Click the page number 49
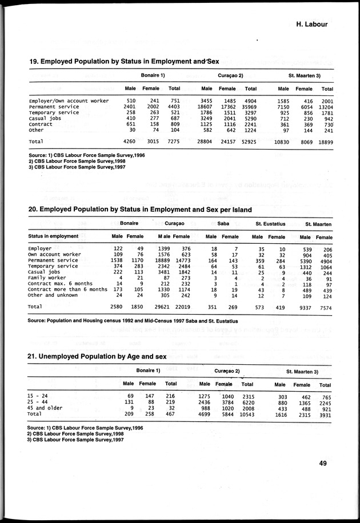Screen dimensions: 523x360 [x=323, y=463]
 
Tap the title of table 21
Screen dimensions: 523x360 [x=97, y=357]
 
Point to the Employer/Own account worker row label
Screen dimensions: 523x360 [x=69, y=100]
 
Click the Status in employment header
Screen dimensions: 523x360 [x=53, y=236]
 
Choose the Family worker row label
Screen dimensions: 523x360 [x=48, y=278]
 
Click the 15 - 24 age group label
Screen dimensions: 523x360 [x=38, y=397]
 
